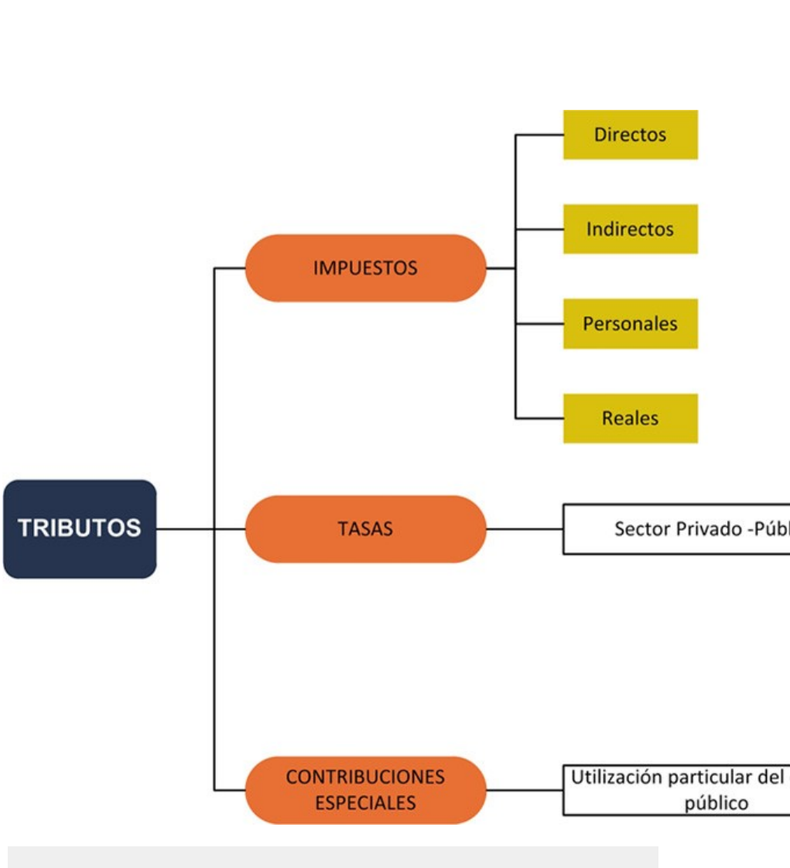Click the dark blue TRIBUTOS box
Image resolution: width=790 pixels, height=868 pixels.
(80, 528)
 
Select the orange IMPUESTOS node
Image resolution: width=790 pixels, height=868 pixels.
(365, 268)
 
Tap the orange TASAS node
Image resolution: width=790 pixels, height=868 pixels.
(365, 529)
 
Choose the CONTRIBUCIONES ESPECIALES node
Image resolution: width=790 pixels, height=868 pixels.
(365, 790)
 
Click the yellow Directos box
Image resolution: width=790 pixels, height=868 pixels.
(630, 135)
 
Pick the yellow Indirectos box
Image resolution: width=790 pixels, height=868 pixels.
(630, 229)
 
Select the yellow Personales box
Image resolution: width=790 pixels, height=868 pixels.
(630, 323)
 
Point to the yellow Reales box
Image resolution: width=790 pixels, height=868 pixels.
(630, 419)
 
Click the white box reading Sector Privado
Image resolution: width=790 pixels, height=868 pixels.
(676, 529)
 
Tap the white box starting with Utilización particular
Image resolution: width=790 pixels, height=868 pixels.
(676, 790)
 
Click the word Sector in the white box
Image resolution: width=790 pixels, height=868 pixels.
(640, 529)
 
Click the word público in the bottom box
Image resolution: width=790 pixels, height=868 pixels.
(716, 803)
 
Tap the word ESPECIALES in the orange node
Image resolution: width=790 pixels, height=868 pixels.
(365, 803)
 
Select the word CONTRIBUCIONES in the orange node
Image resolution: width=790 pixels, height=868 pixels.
(365, 777)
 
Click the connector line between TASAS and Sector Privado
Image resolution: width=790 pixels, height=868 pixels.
(525, 529)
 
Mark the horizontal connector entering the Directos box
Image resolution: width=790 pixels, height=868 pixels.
(539, 135)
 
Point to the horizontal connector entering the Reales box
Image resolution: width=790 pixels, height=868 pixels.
(539, 419)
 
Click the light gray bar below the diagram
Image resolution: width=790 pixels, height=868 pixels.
(333, 856)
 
